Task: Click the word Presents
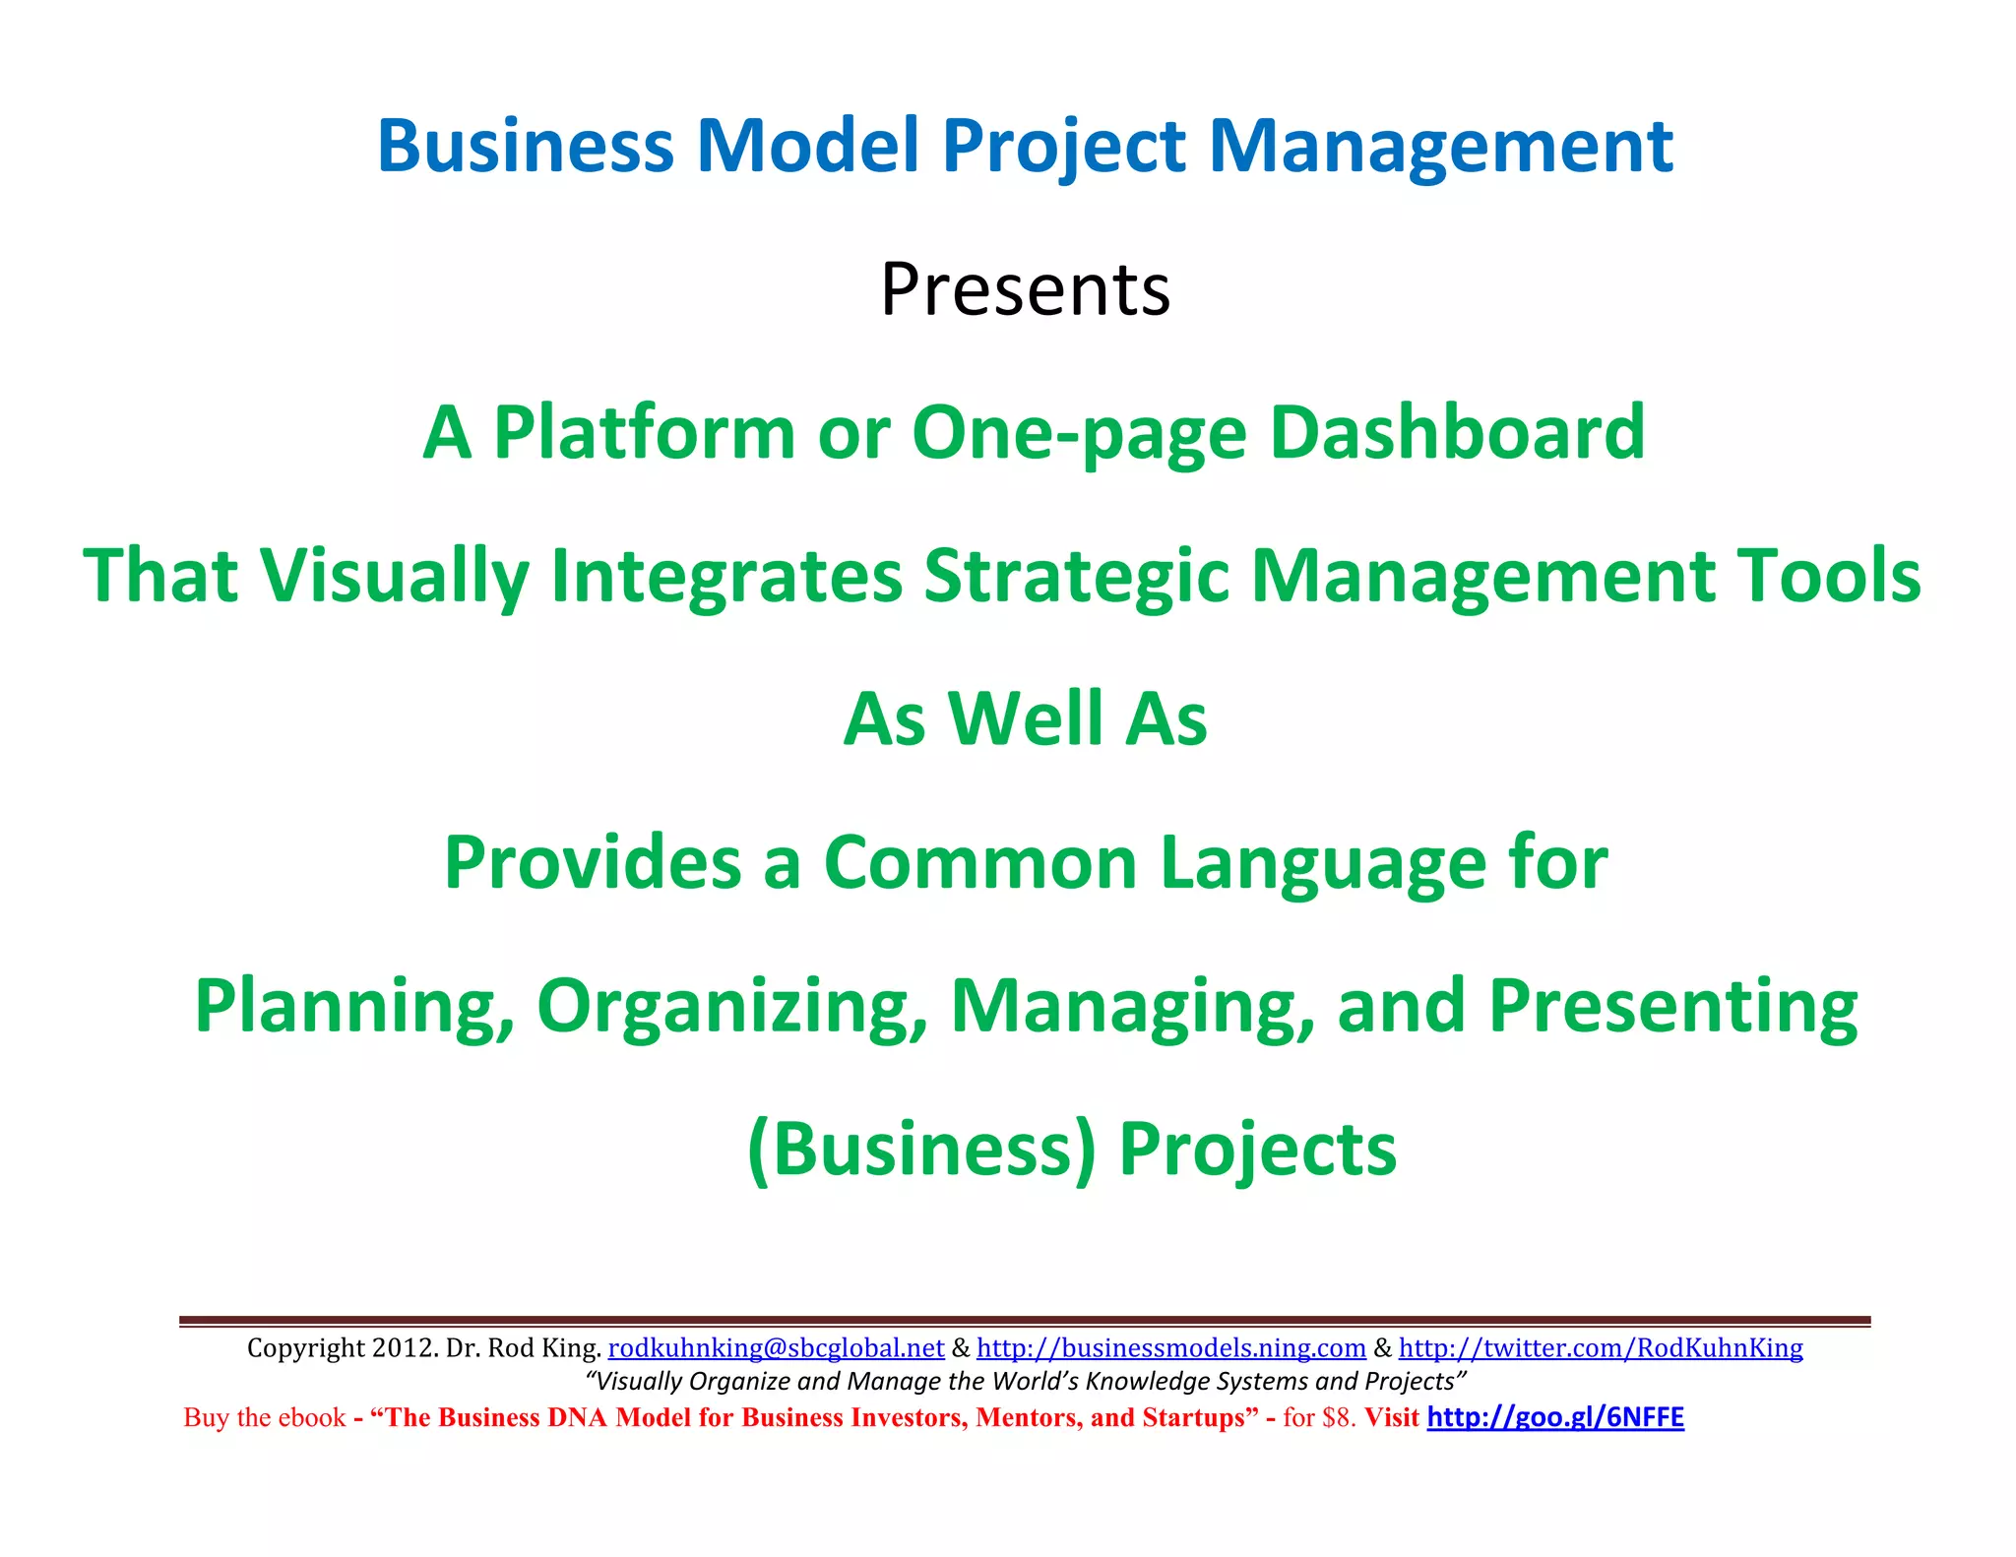point(1025,289)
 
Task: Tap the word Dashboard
point(1457,433)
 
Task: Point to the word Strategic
point(1077,577)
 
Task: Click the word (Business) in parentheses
point(921,1150)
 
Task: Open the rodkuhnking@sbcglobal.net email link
point(776,1347)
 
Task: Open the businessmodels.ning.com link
point(1170,1347)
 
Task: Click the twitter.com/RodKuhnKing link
point(1601,1347)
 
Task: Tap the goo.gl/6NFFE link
point(1555,1417)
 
